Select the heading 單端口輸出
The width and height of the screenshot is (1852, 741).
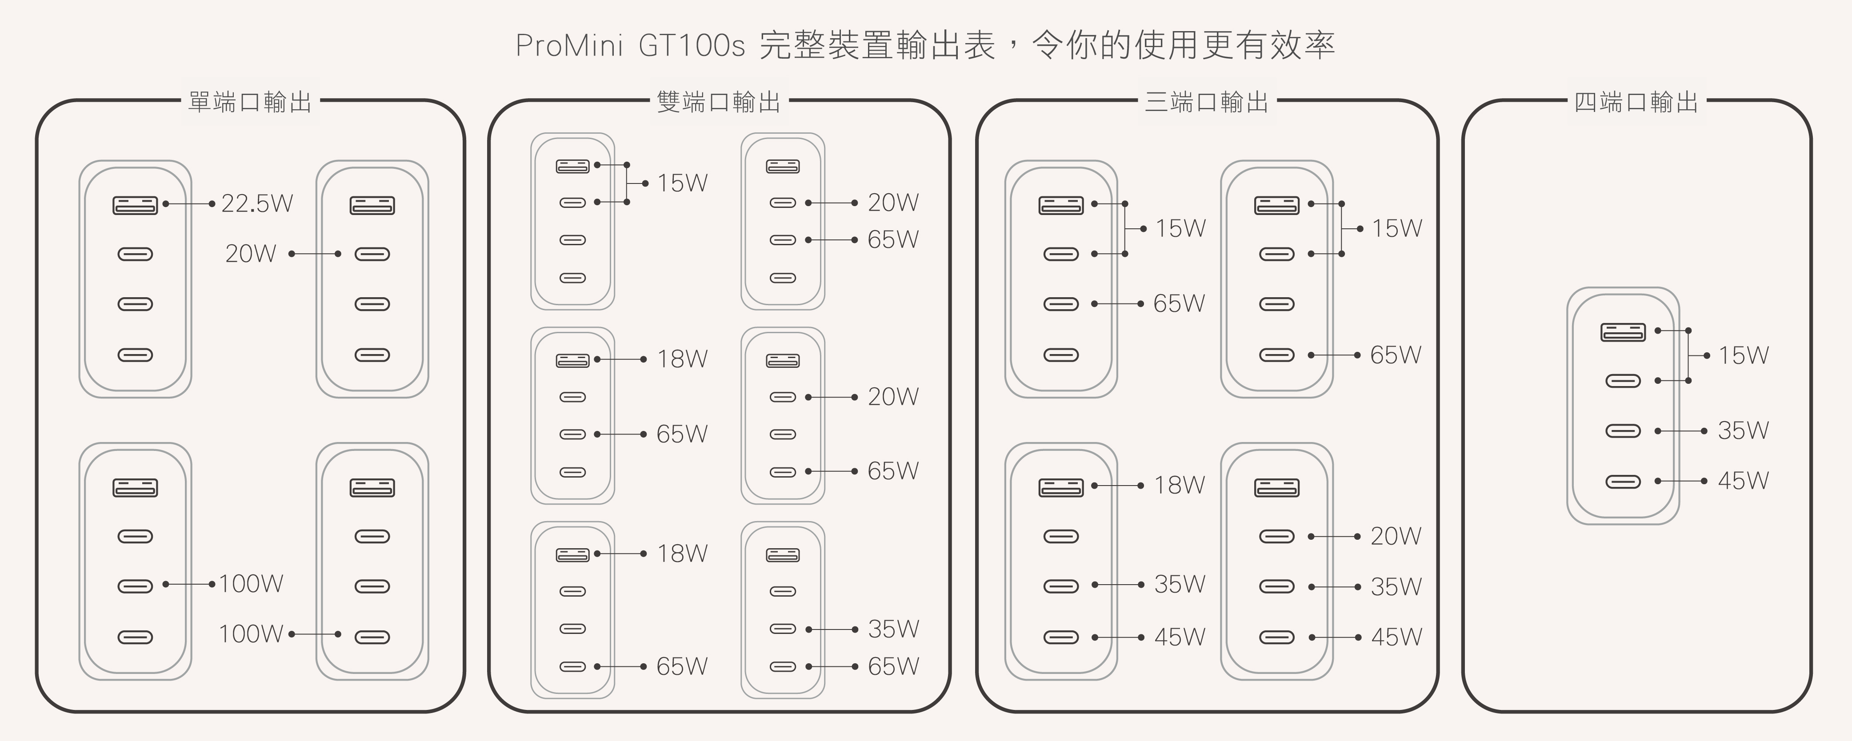pos(249,102)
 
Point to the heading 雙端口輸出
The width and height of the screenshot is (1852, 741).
pos(718,102)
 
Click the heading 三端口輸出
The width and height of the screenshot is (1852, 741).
pos(1206,102)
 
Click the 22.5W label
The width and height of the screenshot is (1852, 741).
pos(256,203)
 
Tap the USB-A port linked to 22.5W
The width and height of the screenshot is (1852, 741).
pos(135,206)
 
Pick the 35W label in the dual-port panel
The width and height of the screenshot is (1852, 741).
pos(893,629)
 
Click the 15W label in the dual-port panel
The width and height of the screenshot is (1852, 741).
pos(682,183)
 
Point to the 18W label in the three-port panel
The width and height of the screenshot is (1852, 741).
pos(1179,485)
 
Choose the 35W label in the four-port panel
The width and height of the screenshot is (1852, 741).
pos(1743,430)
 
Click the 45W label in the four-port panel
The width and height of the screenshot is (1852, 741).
pos(1743,481)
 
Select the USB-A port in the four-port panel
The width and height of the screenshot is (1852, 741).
pos(1623,332)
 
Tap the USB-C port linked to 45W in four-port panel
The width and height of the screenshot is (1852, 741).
pos(1623,482)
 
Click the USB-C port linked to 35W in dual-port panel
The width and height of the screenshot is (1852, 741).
pos(783,629)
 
